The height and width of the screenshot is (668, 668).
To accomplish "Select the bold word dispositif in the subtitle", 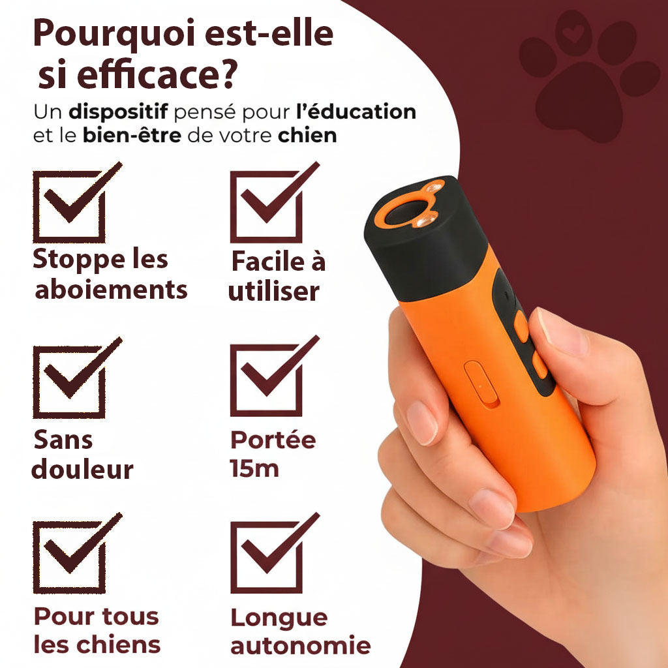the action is [119, 112].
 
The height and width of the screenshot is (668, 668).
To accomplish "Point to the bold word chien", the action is [307, 136].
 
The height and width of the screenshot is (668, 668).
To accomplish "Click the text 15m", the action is [254, 468].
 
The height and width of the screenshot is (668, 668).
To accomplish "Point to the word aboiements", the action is [111, 290].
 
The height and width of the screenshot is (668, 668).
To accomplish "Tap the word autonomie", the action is [300, 645].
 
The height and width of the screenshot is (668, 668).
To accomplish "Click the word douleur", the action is [83, 470].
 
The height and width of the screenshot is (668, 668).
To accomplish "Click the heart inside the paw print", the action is [573, 33].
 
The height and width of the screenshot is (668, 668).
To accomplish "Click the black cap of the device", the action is [426, 239].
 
